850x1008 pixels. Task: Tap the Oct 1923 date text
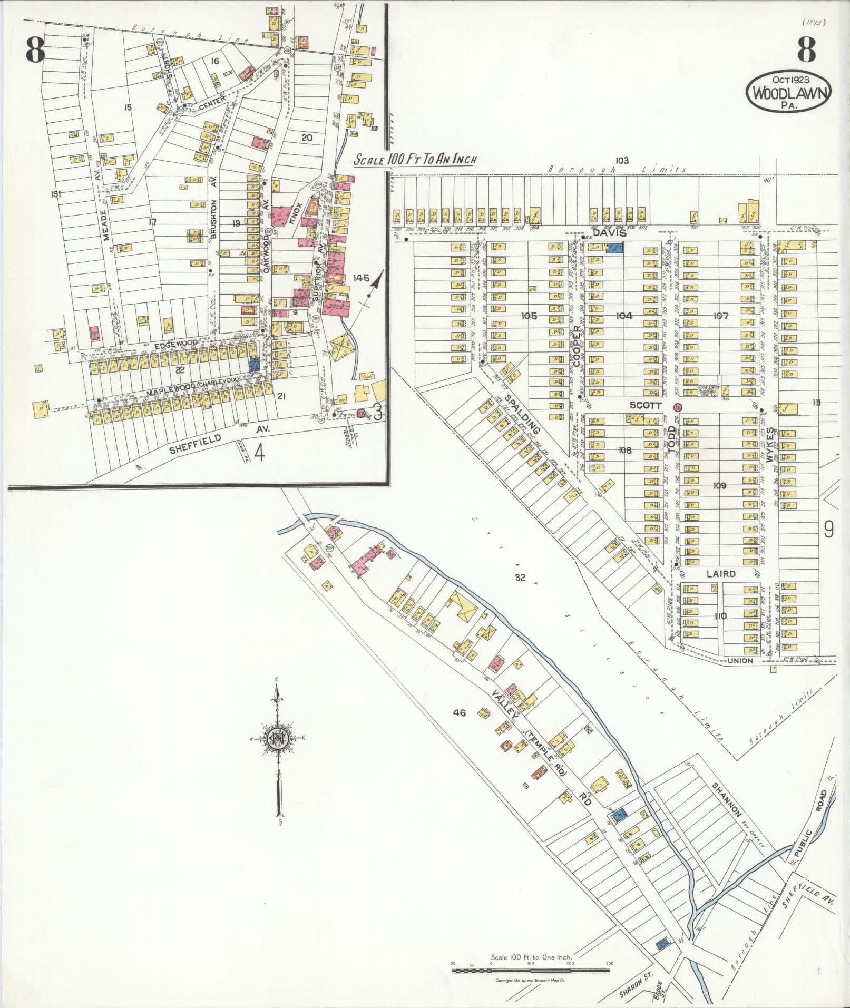point(788,79)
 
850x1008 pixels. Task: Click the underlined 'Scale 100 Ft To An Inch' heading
point(415,160)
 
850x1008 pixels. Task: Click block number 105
point(529,316)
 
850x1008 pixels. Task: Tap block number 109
point(719,485)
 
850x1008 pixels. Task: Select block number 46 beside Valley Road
point(460,713)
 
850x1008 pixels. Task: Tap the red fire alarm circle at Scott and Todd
point(678,407)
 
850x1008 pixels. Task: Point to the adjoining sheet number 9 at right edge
point(828,529)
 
